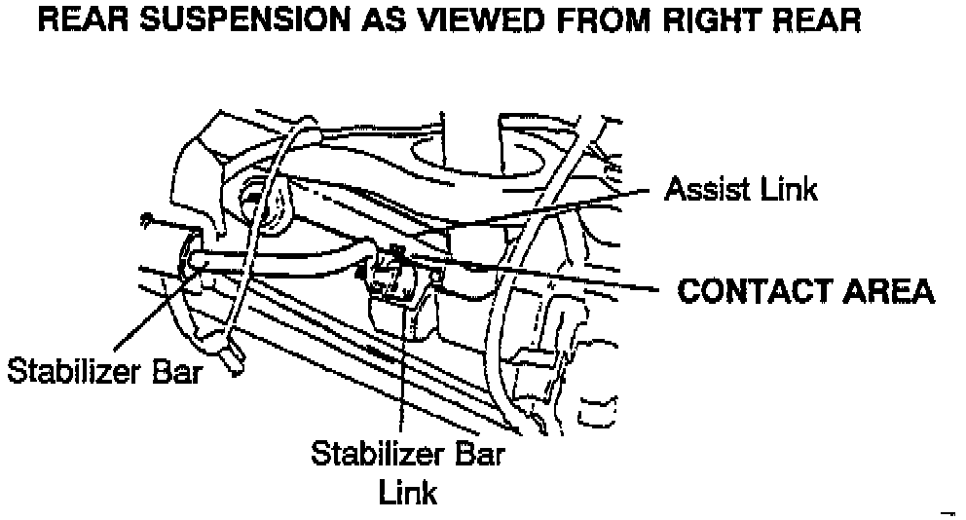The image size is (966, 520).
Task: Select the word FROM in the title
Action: [x=590, y=20]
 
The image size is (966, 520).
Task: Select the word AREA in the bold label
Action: [x=886, y=291]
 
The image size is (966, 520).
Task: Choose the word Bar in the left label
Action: [x=176, y=371]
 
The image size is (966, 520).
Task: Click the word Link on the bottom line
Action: [x=407, y=492]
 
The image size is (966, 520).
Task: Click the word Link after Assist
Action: [x=786, y=189]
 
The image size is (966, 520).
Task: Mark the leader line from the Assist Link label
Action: [x=545, y=211]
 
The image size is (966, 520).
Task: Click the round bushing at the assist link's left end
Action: [x=263, y=205]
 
